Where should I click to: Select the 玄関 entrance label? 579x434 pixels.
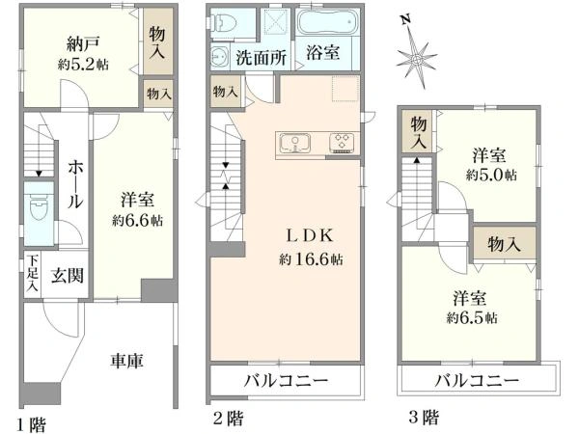coord(69,274)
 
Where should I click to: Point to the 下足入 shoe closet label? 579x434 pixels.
coord(32,273)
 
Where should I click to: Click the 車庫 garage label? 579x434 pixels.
coord(126,362)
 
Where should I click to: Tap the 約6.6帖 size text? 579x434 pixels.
coord(136,220)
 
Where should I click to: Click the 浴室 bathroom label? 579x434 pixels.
coord(323,54)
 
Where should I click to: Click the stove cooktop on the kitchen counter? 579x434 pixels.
coord(342,144)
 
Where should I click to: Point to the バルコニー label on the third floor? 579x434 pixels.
coord(476,381)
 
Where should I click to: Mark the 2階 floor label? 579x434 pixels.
coord(228,419)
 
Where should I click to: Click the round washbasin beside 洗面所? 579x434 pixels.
coord(218,57)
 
